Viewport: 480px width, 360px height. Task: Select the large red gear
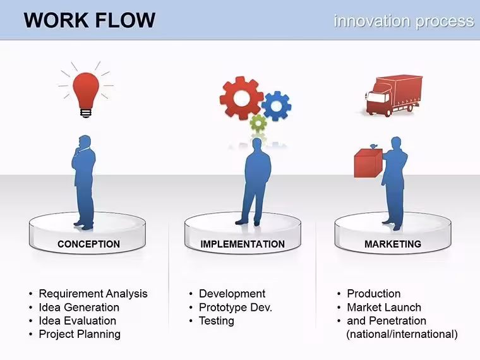point(241,98)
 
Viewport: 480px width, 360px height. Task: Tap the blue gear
point(277,106)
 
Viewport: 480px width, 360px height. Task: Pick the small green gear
point(258,123)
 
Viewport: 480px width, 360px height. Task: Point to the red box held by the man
point(369,163)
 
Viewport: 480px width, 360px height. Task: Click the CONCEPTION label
point(89,244)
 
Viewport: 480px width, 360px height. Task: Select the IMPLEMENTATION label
point(243,244)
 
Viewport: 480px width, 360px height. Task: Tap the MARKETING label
point(393,244)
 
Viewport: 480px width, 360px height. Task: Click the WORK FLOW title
point(90,20)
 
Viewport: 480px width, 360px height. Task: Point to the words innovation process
point(404,21)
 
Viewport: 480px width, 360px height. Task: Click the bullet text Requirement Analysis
point(93,294)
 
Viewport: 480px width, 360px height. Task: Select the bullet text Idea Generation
point(79,308)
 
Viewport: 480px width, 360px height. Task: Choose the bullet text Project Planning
point(80,334)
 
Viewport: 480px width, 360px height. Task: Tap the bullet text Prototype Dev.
point(236,308)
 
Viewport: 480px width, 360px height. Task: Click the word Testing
point(217,321)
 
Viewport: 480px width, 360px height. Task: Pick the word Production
point(374,294)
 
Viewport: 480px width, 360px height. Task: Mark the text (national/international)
point(402,334)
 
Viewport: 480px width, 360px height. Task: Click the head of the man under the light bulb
point(85,142)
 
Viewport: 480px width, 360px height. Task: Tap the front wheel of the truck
point(388,112)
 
